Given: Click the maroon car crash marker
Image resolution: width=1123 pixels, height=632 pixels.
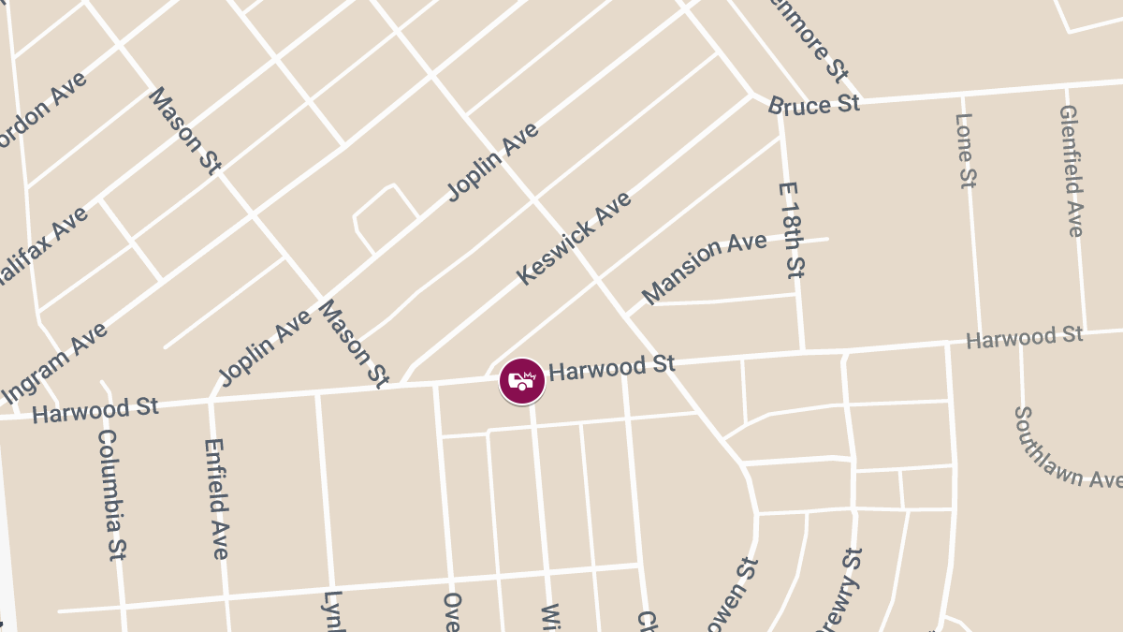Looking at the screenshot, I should pos(522,381).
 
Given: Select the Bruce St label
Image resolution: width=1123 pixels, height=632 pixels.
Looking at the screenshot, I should pos(813,104).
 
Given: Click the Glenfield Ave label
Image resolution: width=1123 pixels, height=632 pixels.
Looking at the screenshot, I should pos(1072,169).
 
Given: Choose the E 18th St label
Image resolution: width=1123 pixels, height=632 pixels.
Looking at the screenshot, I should pos(792,229).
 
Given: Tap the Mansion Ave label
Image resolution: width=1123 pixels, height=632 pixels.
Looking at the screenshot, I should pos(705,268).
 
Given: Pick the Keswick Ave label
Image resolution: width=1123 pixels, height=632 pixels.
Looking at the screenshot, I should pos(574,238).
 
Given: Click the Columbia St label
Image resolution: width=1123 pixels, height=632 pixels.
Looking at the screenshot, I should pos(111,493).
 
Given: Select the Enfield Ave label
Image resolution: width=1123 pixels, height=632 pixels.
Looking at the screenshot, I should pos(215,498).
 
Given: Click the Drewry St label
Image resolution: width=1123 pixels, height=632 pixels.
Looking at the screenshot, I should pos(839,591).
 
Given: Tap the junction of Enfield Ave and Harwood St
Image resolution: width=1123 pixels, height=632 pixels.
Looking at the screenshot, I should pos(211,400).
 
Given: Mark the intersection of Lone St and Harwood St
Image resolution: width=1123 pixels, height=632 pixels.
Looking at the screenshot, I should pos(979,344).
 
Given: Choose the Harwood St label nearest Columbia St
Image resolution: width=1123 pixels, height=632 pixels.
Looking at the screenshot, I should pos(95,409).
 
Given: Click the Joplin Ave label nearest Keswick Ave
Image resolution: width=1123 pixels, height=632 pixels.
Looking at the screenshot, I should pos(493,161).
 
